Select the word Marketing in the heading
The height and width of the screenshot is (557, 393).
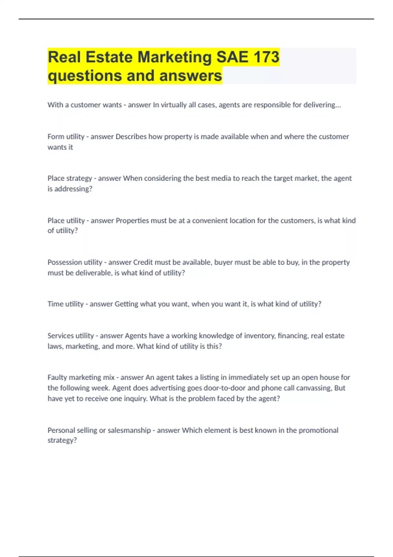point(175,57)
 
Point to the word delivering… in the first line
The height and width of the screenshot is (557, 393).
point(322,105)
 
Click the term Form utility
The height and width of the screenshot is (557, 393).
point(66,137)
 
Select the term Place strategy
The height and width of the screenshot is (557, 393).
point(70,178)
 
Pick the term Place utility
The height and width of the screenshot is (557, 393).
point(66,221)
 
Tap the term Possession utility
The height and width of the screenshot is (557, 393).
point(75,262)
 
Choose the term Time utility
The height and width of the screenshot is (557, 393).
point(65,304)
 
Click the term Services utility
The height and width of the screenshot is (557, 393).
point(71,336)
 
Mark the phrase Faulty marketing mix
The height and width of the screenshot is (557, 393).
point(81,377)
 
